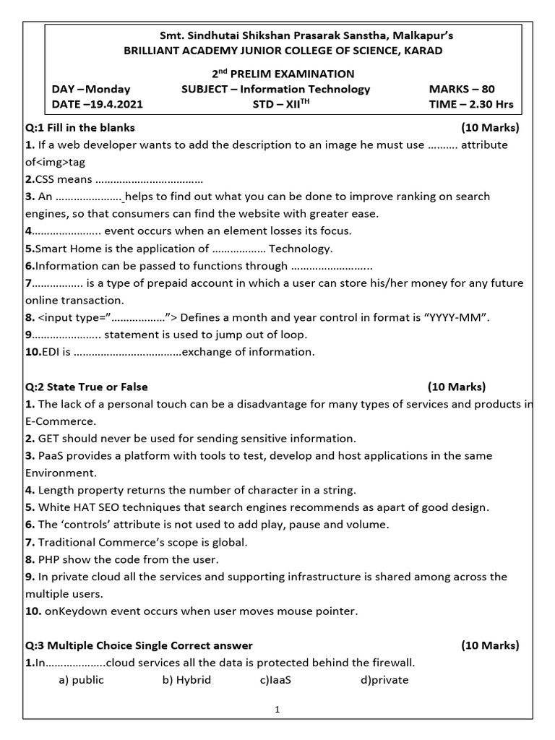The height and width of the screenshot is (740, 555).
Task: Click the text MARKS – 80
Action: click(462, 89)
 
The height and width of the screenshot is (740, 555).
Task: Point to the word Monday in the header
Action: click(108, 89)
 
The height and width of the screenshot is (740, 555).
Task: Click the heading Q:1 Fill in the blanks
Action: click(80, 127)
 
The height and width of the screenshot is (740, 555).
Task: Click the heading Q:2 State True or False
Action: click(87, 387)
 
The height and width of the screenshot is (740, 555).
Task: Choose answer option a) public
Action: click(81, 680)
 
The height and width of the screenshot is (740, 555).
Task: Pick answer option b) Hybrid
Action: click(186, 680)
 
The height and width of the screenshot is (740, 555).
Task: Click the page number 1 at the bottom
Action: click(277, 710)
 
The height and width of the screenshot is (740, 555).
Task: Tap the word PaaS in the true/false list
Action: click(51, 456)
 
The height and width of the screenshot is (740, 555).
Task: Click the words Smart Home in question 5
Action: click(67, 249)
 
